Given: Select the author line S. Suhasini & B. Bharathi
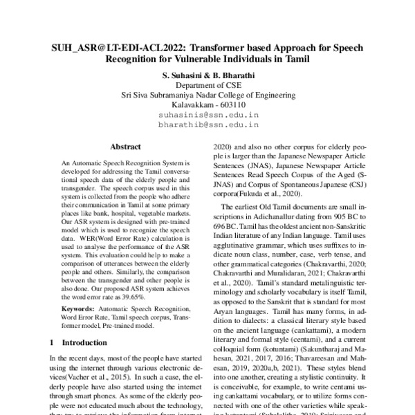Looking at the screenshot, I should tap(207, 75).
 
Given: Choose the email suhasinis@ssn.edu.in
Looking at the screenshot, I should tap(207, 116).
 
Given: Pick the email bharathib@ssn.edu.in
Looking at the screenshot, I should tap(207, 126).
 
